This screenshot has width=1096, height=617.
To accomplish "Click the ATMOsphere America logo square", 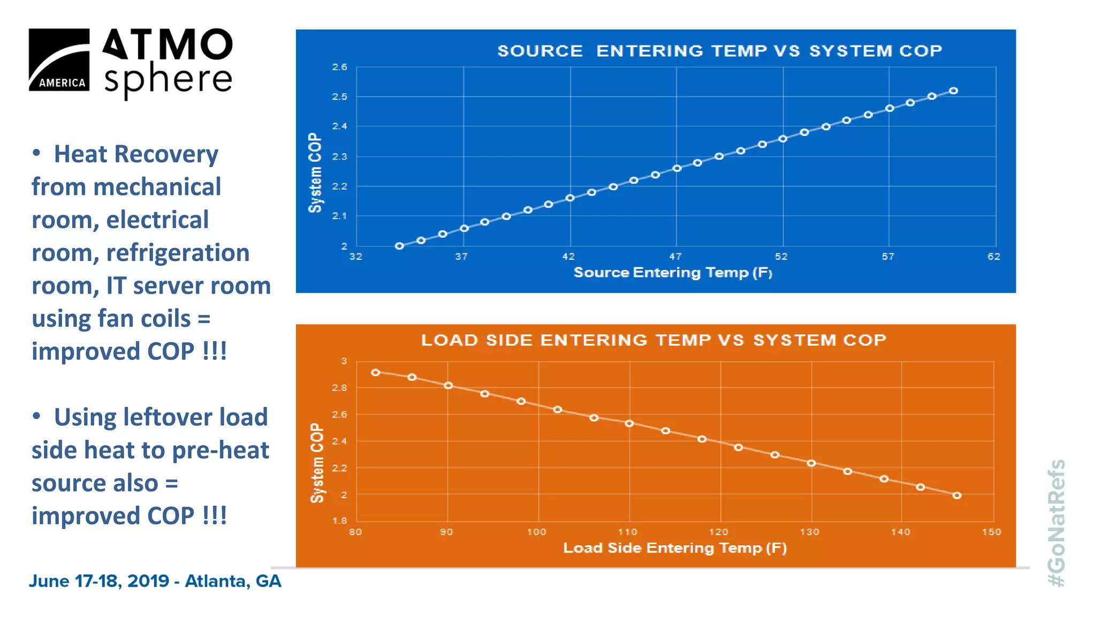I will pyautogui.click(x=59, y=59).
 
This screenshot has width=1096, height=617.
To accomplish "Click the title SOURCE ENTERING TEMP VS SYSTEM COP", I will pyautogui.click(x=719, y=51).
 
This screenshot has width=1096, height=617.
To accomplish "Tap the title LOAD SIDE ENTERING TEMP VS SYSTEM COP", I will pyautogui.click(x=653, y=340).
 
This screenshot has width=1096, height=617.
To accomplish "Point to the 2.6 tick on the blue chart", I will pyautogui.click(x=339, y=67).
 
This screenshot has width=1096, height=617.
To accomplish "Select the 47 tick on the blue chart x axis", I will pyautogui.click(x=675, y=257).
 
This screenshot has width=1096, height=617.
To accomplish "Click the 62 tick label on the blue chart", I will pyautogui.click(x=994, y=257).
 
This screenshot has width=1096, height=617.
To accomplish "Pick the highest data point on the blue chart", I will pyautogui.click(x=953, y=91).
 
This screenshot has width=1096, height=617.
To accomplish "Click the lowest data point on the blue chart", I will pyautogui.click(x=399, y=246).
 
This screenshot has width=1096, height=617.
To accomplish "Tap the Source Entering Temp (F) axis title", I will pyautogui.click(x=673, y=273).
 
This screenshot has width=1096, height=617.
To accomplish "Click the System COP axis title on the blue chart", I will pyautogui.click(x=315, y=172).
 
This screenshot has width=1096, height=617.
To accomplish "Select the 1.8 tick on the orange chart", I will pyautogui.click(x=339, y=521).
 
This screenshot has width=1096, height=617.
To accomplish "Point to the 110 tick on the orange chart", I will pyautogui.click(x=627, y=532).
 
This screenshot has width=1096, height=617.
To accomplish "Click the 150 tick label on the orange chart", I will pyautogui.click(x=991, y=532).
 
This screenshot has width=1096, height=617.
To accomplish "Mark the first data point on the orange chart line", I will pyautogui.click(x=376, y=373).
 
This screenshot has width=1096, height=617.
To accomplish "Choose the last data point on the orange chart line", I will pyautogui.click(x=957, y=496).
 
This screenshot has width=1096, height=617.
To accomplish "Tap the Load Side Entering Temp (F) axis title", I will pyautogui.click(x=675, y=548).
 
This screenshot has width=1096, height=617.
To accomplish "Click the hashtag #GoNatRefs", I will pyautogui.click(x=1056, y=523).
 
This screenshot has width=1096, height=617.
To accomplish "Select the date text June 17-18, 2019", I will pyautogui.click(x=99, y=581).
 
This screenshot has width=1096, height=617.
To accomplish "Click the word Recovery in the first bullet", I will pyautogui.click(x=166, y=154).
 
